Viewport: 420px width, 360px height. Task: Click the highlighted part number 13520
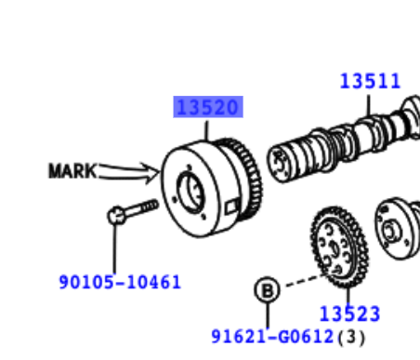[x=208, y=107]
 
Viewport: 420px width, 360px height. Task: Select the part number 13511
[x=370, y=81]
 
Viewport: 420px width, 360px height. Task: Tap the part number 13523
[x=349, y=313]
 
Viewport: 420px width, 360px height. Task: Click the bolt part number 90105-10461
[x=120, y=282]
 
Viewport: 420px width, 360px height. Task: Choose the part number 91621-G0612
[x=272, y=337]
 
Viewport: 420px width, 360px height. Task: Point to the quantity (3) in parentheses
[x=351, y=337]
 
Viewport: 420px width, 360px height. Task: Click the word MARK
[x=72, y=170]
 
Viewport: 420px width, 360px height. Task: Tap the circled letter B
[x=268, y=290]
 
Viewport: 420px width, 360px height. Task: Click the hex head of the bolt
[x=116, y=215]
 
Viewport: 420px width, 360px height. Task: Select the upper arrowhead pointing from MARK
[x=151, y=168]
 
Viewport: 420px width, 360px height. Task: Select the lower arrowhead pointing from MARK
[x=151, y=179]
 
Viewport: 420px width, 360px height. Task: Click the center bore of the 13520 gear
[x=191, y=193]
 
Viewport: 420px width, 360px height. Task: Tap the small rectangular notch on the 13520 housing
[x=232, y=206]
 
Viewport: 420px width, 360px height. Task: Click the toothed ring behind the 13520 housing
[x=248, y=180]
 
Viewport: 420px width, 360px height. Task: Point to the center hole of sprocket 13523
[x=335, y=247]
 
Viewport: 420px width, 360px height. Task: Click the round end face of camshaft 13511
[x=280, y=164]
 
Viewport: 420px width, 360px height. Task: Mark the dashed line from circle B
[x=305, y=280]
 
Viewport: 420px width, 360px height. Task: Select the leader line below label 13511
[x=369, y=105]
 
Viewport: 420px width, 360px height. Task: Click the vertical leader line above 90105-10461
[x=114, y=248]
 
